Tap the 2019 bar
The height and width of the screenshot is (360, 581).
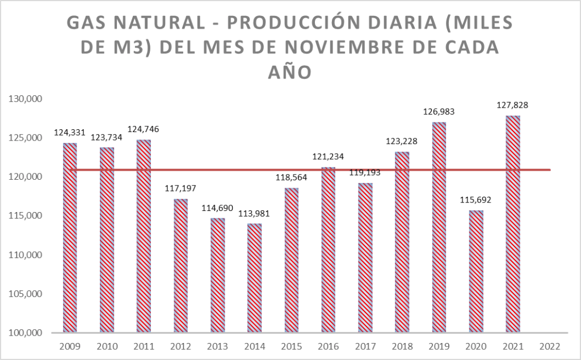coord(439,227)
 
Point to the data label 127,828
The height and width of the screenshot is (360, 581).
coord(513,105)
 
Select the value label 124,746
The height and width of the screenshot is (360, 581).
coord(144,129)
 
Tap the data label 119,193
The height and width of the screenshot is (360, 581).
coord(365,173)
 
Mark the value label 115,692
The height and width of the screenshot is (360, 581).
coord(476,200)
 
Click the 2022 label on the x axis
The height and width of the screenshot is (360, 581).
coord(550,346)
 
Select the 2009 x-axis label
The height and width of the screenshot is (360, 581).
coord(70,346)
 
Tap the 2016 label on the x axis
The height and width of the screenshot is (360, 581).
coord(329,346)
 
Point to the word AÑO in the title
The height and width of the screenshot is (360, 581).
coord(290,72)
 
